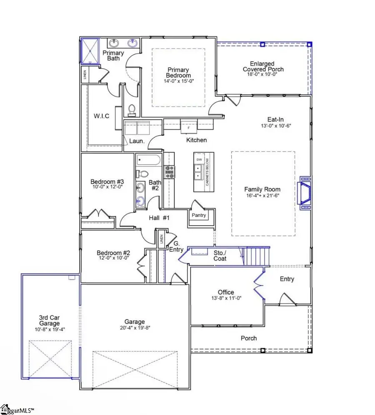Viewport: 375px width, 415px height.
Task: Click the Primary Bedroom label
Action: point(179,72)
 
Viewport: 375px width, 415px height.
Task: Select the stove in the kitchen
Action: point(170,171)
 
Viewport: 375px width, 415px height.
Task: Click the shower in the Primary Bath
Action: point(90,51)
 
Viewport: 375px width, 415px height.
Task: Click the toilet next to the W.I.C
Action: point(132,109)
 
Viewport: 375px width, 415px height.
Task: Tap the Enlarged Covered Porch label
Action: point(263,67)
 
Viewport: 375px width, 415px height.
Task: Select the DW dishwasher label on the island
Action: point(199,160)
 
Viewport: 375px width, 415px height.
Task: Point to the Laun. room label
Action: point(136,141)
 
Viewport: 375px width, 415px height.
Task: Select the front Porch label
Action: point(249,338)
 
